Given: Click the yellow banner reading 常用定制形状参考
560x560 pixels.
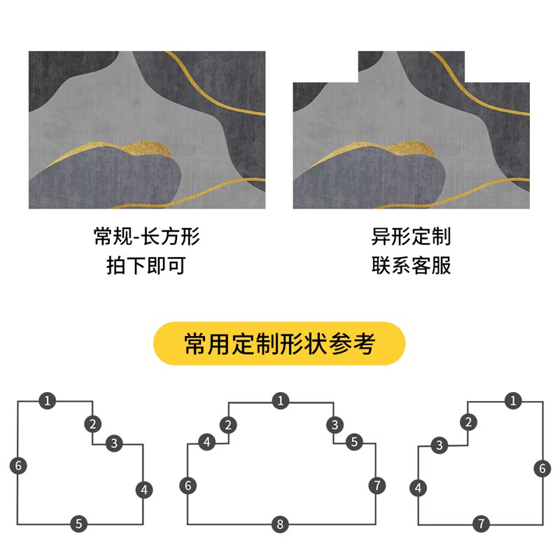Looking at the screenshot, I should click(x=279, y=344).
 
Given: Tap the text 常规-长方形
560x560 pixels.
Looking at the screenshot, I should click(x=147, y=237).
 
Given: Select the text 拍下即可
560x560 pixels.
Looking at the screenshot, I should click(x=147, y=266).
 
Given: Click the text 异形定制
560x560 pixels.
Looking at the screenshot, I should click(x=411, y=237).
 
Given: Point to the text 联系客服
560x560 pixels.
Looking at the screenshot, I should click(x=411, y=266).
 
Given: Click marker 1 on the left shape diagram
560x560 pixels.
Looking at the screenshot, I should click(x=47, y=401).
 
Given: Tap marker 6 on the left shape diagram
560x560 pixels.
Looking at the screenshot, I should click(x=19, y=465).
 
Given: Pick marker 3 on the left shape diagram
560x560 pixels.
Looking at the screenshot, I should click(x=114, y=442).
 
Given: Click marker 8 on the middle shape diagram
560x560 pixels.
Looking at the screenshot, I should click(x=279, y=524).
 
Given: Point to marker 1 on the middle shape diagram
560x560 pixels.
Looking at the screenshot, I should click(x=280, y=401).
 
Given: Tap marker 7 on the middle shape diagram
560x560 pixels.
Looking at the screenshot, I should click(x=376, y=485).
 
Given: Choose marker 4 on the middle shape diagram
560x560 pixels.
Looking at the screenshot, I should click(x=207, y=442).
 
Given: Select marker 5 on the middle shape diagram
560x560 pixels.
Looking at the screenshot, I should click(x=354, y=442).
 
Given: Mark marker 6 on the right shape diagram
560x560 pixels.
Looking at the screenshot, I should click(x=542, y=469).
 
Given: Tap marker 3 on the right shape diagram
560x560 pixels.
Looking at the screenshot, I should click(x=439, y=445).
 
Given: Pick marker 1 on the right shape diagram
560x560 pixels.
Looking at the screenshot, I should click(x=514, y=401).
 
